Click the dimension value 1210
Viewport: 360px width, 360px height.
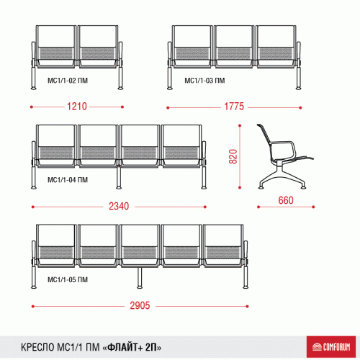click(77, 107)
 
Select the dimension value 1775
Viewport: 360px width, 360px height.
click(234, 107)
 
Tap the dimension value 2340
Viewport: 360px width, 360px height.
click(119, 206)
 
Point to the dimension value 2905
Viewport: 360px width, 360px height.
click(140, 305)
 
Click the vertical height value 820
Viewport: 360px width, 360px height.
click(233, 156)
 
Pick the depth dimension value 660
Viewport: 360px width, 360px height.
click(286, 200)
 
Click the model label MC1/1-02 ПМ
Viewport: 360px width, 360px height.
click(68, 81)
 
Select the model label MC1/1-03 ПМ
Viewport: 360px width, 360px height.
click(204, 81)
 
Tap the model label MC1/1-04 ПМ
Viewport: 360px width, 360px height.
click(68, 180)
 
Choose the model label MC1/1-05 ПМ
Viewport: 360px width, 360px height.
click(68, 279)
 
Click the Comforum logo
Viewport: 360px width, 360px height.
click(331, 347)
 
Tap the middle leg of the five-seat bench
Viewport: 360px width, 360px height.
click(140, 278)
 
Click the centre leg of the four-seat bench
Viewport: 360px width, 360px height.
click(118, 178)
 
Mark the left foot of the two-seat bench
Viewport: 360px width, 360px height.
click(34, 88)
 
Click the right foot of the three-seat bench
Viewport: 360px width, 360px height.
click(298, 88)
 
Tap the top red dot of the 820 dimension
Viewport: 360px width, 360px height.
click(240, 125)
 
